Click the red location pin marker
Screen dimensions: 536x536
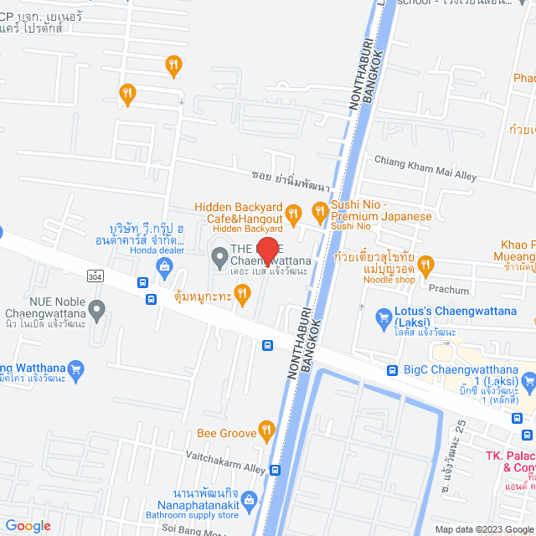266,250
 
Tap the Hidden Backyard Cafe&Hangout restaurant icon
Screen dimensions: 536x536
293,214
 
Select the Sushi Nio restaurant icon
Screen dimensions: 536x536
318,211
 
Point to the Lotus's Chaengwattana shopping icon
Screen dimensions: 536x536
379,317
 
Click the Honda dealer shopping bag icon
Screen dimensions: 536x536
165,267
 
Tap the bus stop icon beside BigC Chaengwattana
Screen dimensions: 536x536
392,370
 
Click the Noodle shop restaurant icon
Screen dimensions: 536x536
425,265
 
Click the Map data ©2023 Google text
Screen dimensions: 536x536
482,529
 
